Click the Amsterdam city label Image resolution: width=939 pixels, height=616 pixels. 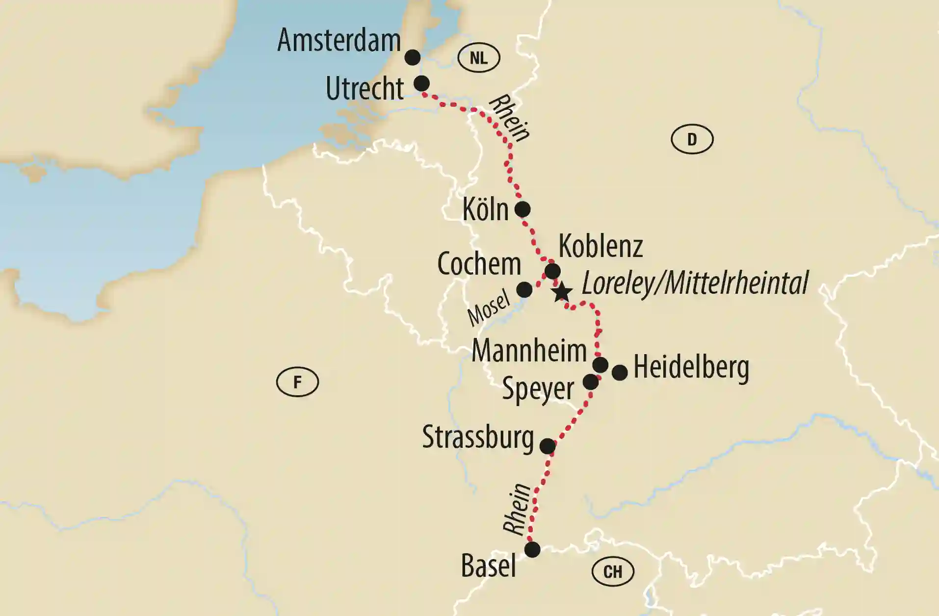point(339,40)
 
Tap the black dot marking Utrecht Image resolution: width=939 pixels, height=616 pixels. point(421,83)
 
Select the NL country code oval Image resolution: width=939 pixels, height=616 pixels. point(478,58)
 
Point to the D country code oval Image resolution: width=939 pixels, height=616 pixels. point(692,139)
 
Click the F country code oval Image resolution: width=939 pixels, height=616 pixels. point(297,382)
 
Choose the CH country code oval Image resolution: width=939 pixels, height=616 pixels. point(613,571)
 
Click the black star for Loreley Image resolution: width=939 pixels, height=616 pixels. point(562,292)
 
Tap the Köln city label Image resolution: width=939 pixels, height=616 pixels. point(485,210)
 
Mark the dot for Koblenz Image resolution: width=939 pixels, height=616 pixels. point(553,271)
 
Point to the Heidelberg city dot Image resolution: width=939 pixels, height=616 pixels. point(620,373)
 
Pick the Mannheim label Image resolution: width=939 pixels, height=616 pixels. point(529,351)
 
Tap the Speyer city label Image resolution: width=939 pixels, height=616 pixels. point(538,389)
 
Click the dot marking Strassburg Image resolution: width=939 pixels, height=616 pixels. point(548,446)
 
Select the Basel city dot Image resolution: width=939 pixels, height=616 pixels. point(532,549)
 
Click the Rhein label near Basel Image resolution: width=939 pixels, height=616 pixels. point(518,509)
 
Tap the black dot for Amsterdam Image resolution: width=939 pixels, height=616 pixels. point(413,57)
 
